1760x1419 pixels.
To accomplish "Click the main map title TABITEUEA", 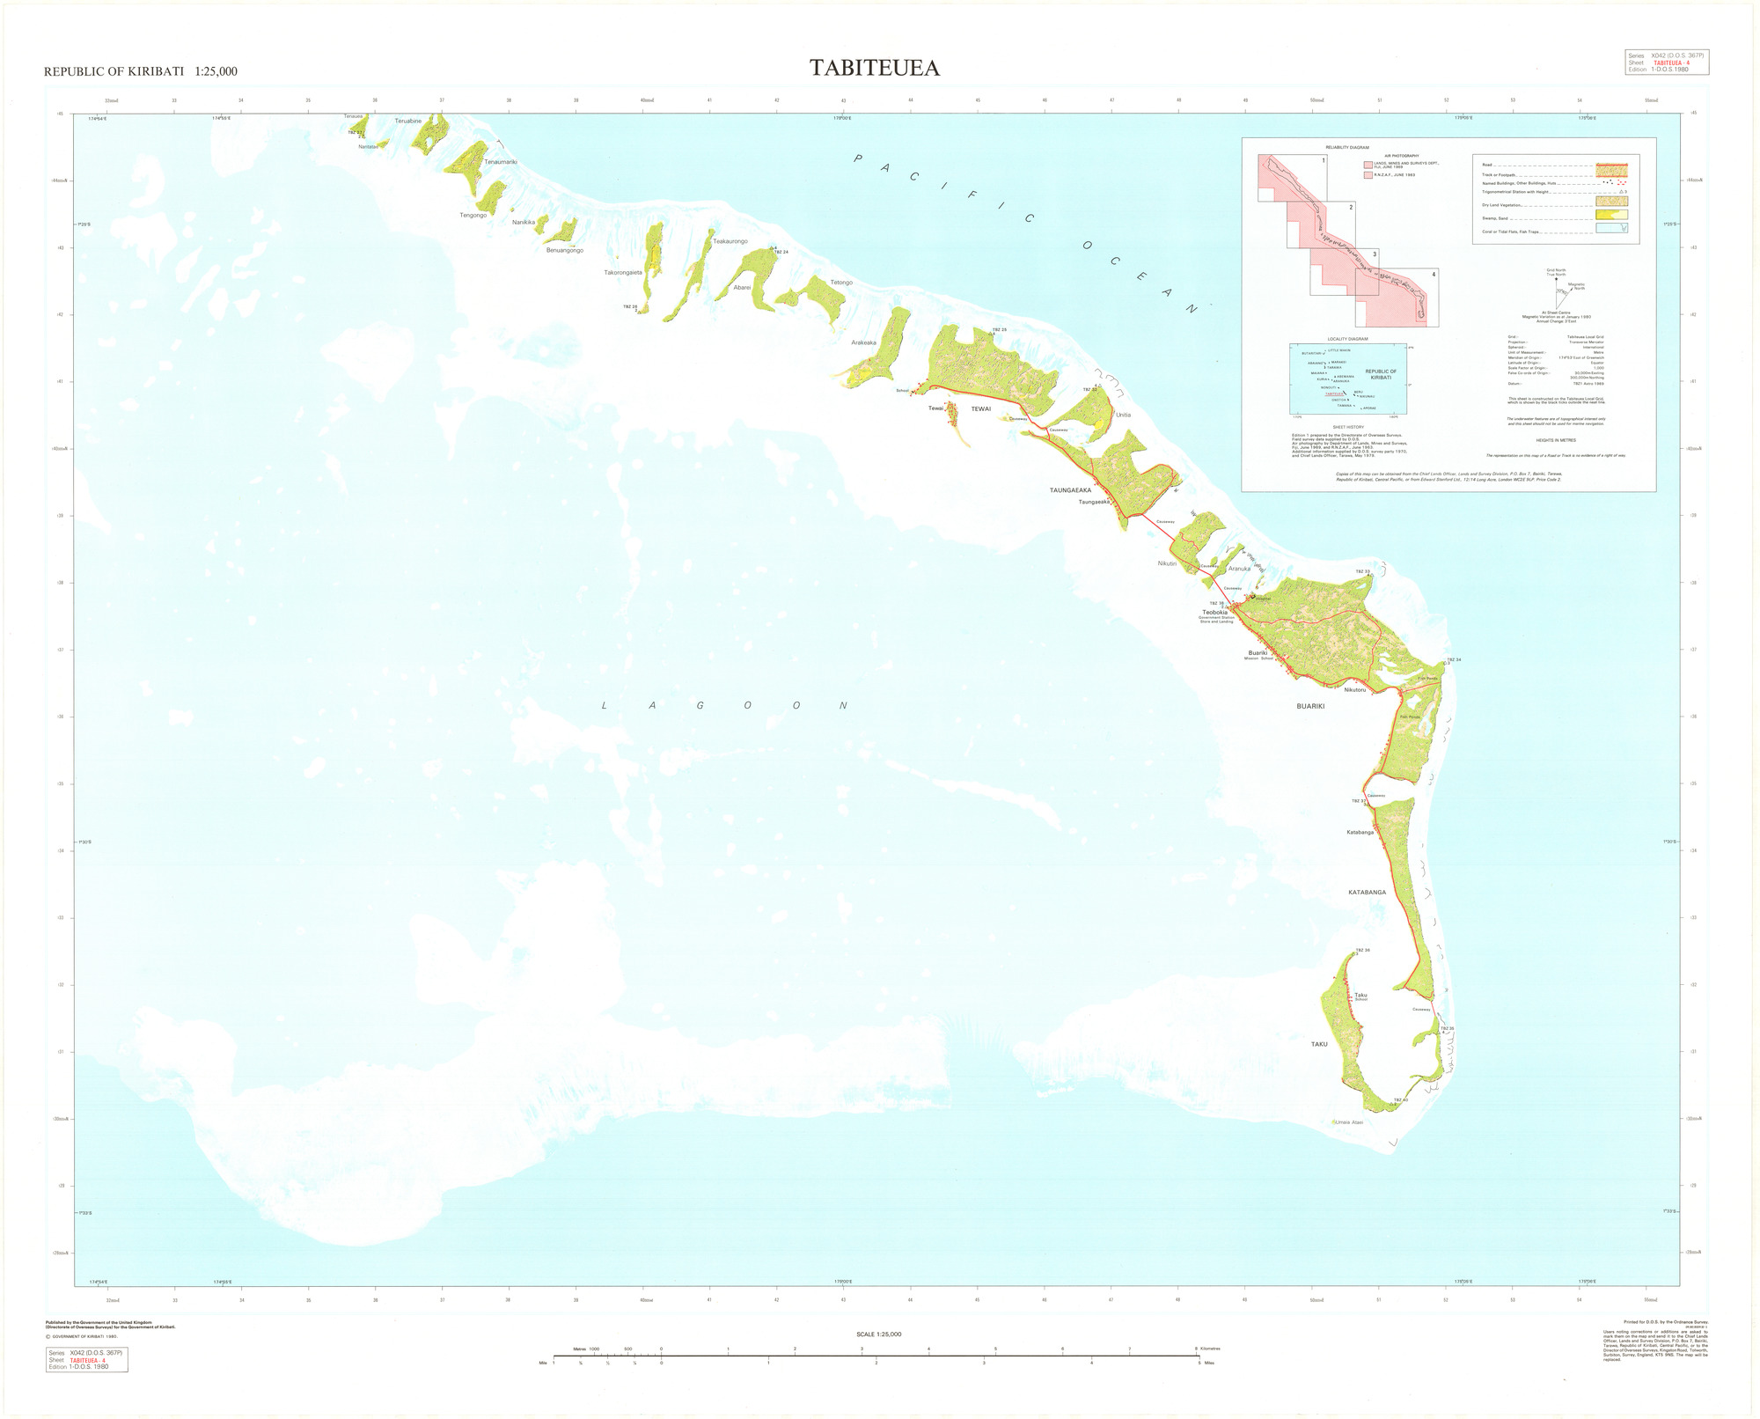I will coord(875,69).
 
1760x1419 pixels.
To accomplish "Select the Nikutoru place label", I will coord(1354,689).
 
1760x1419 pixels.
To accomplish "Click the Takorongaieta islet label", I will coord(623,273).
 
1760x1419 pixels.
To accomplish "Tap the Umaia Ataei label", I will coord(1348,1122).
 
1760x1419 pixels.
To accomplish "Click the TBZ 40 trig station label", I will coord(1400,1100).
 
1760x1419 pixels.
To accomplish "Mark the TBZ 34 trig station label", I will coord(1453,660).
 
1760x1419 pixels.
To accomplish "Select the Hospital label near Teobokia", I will coord(1263,599).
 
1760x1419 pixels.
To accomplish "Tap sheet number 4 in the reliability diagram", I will coord(1433,274).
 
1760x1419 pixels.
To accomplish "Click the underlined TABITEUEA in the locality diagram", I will coord(1335,393).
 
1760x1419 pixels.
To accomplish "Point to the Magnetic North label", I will coord(1576,286).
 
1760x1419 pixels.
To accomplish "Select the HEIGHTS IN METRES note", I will coord(1556,439).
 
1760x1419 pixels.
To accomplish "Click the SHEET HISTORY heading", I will coord(1347,427).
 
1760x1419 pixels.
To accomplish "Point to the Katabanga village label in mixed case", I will coord(1360,832).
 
